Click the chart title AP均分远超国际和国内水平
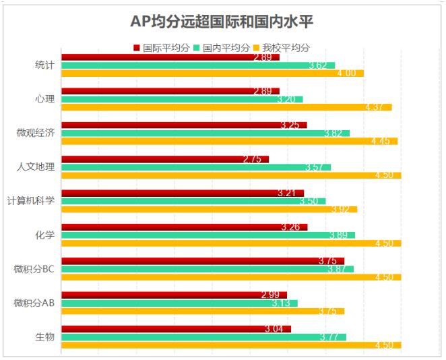[222, 22]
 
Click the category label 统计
[44, 65]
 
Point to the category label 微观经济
[35, 133]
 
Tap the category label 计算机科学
[30, 201]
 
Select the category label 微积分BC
[34, 269]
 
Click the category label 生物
[44, 337]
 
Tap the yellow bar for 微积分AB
[202, 311]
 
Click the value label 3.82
[333, 133]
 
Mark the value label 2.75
[252, 159]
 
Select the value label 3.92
[340, 209]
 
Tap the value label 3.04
[274, 329]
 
